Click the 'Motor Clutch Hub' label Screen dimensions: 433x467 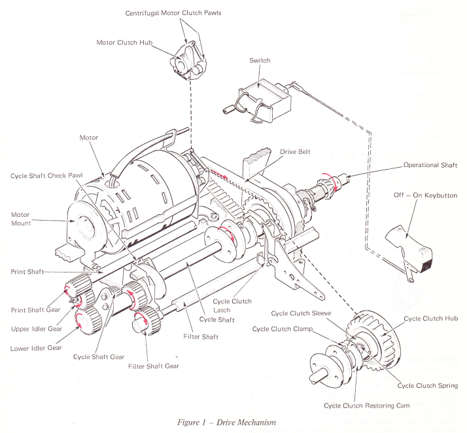tap(124, 43)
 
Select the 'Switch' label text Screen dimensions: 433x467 tap(260, 61)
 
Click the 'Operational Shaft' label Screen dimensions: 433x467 tap(430, 165)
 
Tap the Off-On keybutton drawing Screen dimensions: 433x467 tap(408, 246)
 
